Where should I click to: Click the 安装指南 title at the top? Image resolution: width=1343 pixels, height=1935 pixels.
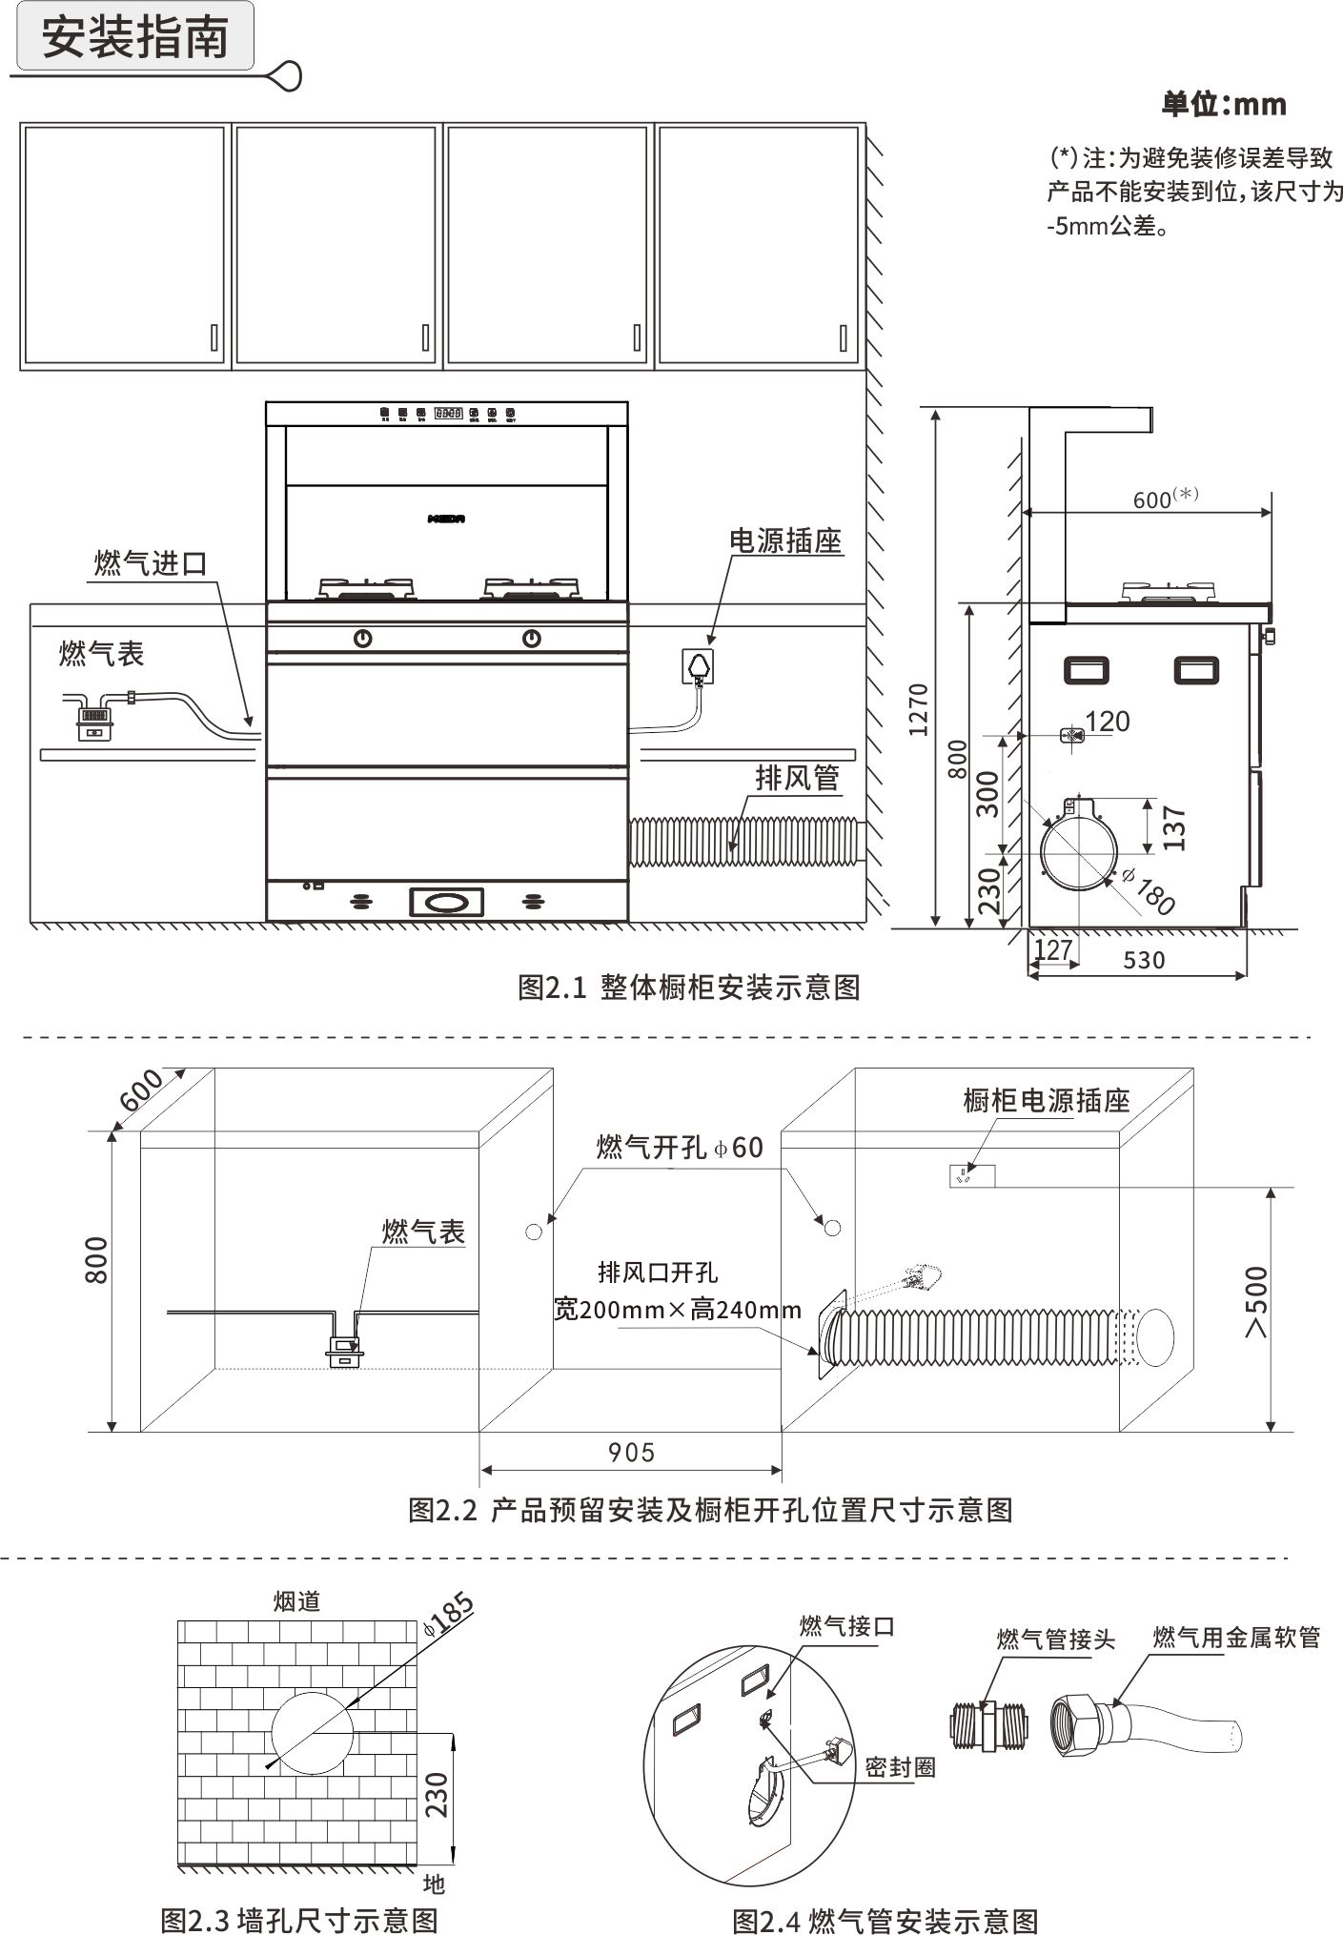(x=135, y=37)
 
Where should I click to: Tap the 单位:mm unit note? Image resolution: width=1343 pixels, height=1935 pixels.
(x=1223, y=104)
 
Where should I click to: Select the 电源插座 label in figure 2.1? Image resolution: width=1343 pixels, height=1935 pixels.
(x=785, y=541)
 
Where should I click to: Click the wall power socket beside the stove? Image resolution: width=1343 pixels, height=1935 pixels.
(x=699, y=663)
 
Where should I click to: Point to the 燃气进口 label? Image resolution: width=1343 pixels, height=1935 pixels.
(x=151, y=562)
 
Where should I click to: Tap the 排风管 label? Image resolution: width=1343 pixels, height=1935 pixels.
(x=797, y=778)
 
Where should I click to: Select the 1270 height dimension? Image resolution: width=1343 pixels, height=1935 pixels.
(x=918, y=709)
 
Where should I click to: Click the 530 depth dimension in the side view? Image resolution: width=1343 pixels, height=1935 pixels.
(x=1144, y=960)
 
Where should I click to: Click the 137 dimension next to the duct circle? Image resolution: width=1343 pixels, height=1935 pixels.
(x=1174, y=827)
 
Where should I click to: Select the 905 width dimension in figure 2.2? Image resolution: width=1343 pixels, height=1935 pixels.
(x=631, y=1453)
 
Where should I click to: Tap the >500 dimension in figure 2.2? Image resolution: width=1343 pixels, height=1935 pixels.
(x=1257, y=1301)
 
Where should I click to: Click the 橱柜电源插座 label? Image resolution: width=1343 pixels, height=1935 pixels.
(x=1046, y=1101)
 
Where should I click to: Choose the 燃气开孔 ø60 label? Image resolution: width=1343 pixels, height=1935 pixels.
(x=680, y=1147)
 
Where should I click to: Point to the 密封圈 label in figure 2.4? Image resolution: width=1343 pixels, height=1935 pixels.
(x=900, y=1767)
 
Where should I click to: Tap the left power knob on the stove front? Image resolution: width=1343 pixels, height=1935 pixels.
(x=363, y=639)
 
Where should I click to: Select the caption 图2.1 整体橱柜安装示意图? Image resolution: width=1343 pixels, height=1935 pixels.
(x=688, y=987)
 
